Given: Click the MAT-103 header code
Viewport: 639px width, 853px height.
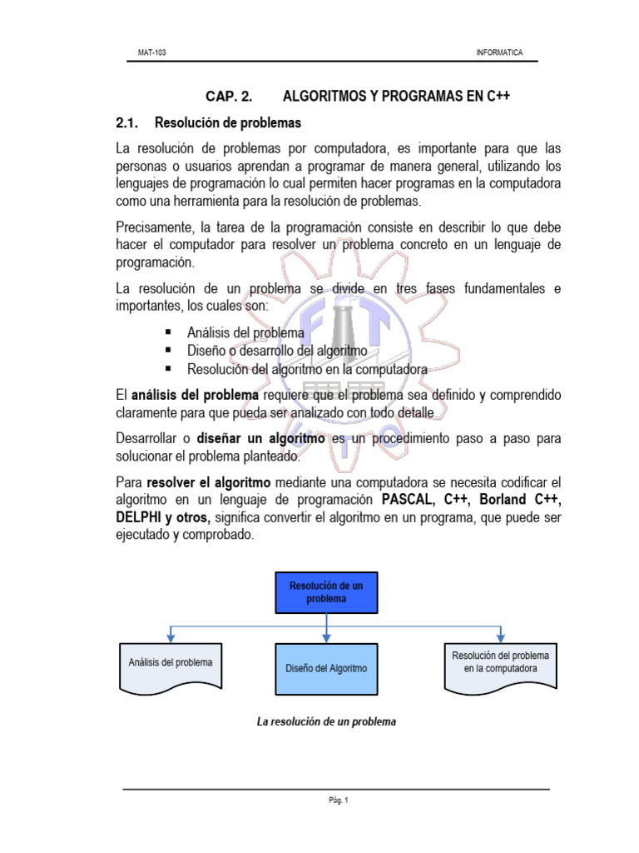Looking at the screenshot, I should click(x=151, y=52).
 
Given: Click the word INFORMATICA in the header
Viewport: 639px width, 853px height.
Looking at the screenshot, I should click(x=499, y=52).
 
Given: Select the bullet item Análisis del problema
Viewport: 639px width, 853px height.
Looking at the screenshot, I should click(x=245, y=332).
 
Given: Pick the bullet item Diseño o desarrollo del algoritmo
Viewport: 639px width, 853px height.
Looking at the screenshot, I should click(x=277, y=351).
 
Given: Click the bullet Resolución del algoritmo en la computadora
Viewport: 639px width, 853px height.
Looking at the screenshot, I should click(x=307, y=368).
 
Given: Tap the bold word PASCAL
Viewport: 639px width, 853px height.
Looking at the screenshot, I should click(x=409, y=500).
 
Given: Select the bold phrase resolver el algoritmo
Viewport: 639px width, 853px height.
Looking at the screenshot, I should click(x=209, y=482).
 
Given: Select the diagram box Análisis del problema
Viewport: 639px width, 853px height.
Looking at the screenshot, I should click(x=170, y=664).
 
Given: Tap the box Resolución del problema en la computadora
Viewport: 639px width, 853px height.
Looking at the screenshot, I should click(x=500, y=664).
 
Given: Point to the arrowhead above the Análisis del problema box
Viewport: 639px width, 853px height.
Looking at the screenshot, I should click(x=170, y=637).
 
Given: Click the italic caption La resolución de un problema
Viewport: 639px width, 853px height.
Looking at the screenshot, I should click(x=326, y=722).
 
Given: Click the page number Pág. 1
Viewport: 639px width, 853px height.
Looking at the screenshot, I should click(x=337, y=801).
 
